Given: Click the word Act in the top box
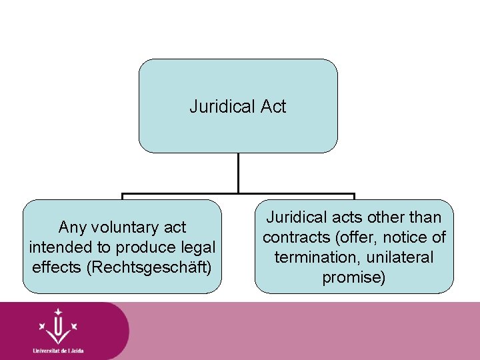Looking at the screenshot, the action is coord(273,107).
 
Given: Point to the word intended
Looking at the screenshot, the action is coord(61,247).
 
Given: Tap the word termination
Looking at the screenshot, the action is coord(315,257).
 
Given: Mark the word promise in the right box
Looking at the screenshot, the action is coord(353,277).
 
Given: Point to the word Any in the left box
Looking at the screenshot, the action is coord(73,227).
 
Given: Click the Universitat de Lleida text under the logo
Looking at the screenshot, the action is coord(58,350).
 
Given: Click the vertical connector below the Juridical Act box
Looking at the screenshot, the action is coord(238,173).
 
